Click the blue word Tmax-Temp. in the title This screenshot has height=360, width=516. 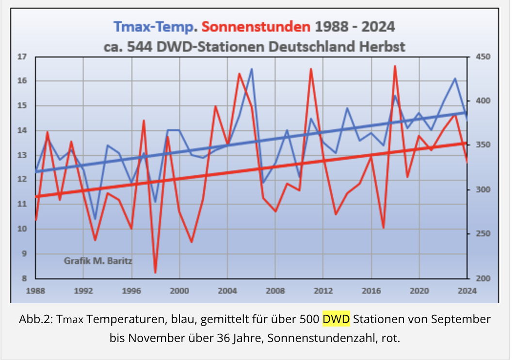click(155, 26)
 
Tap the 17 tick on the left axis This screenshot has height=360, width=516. click(21, 57)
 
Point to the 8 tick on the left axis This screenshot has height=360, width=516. click(23, 278)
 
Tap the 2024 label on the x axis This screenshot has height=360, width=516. click(467, 291)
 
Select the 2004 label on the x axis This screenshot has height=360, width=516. click(227, 291)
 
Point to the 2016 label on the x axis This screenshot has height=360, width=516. click(371, 291)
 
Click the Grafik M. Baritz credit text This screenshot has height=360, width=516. click(98, 261)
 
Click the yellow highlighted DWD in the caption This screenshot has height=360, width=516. click(336, 320)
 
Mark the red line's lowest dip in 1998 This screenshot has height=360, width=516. click(155, 273)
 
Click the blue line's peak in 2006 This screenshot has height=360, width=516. click(252, 69)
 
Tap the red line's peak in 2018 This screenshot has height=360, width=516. click(395, 66)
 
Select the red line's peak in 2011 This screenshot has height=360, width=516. click(311, 69)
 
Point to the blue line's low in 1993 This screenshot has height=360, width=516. click(96, 219)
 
